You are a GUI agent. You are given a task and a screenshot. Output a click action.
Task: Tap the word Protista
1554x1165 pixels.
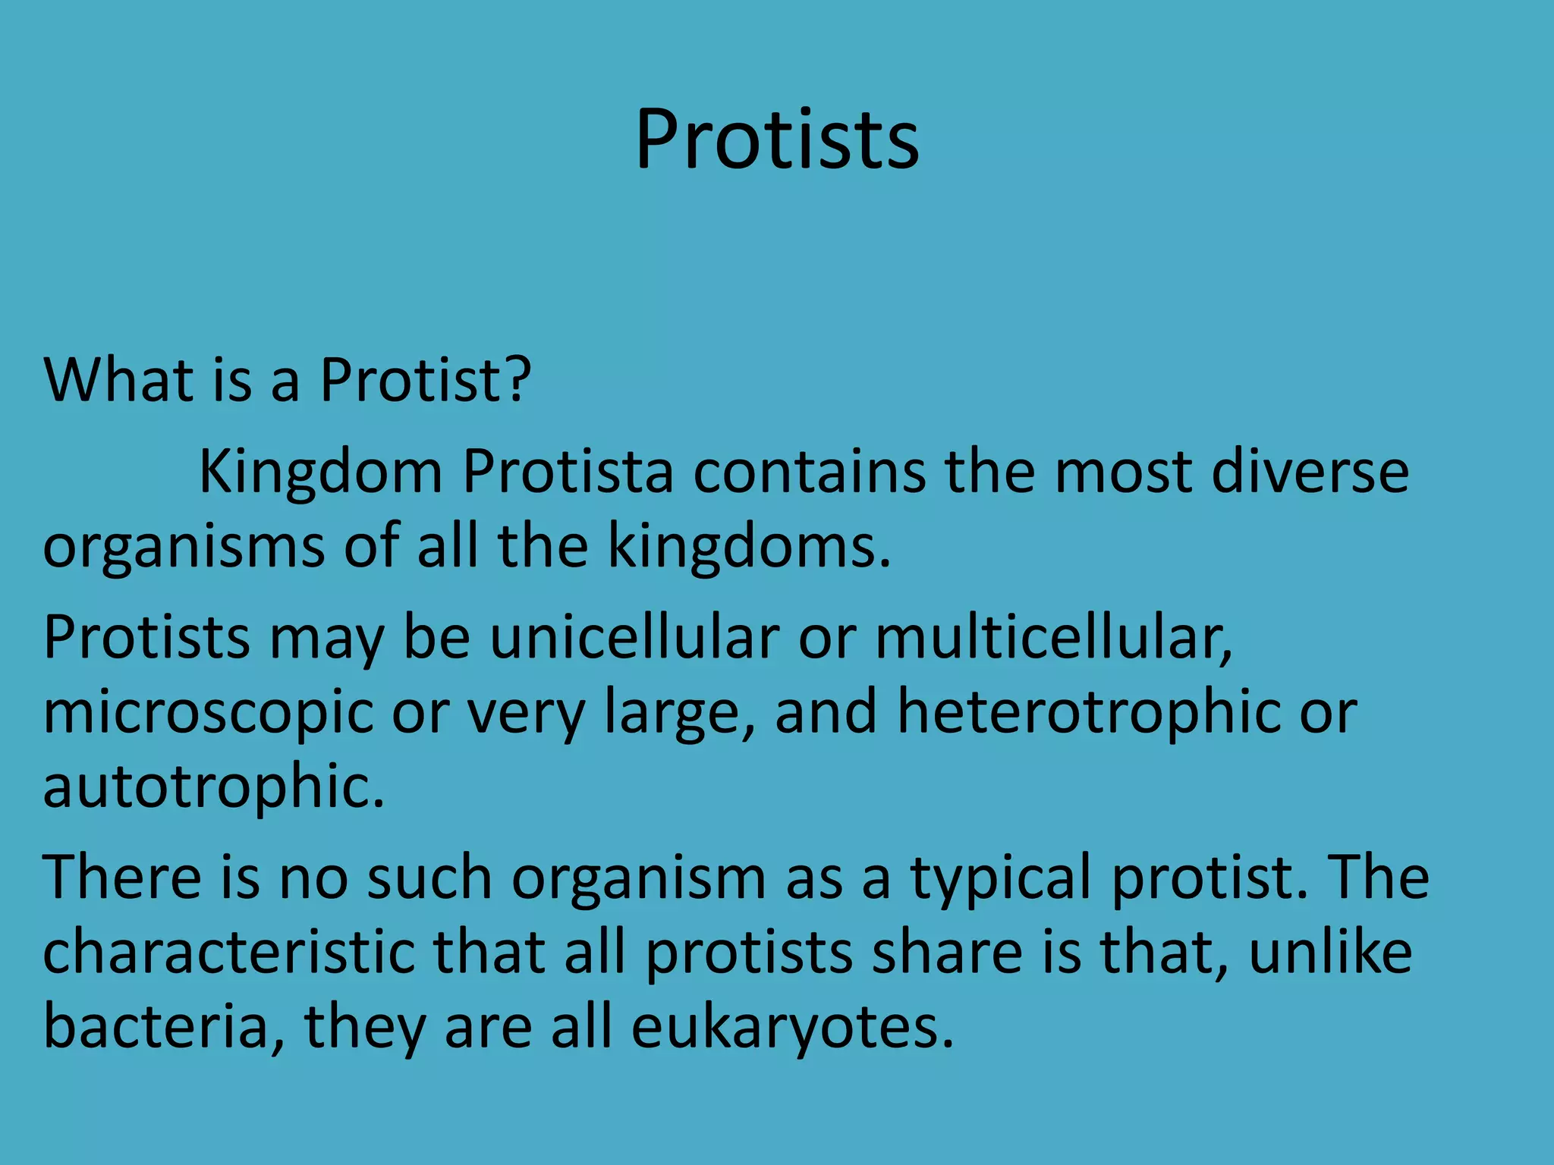coord(568,472)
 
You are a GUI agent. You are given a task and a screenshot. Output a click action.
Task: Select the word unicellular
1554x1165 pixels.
coord(634,637)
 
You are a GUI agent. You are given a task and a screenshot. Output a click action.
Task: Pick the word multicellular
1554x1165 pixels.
coord(1053,637)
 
